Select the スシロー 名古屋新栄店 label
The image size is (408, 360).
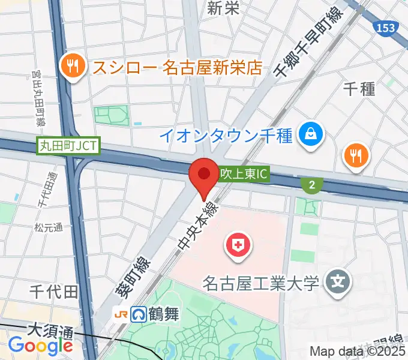coord(177,67)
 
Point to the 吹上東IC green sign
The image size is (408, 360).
coord(242,175)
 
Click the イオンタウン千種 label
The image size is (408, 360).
coord(226,135)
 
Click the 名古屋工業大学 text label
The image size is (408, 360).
coord(261,282)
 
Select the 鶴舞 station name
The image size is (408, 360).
coord(164,314)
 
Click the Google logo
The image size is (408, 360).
coord(40,346)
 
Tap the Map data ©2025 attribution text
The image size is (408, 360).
coord(358,352)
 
